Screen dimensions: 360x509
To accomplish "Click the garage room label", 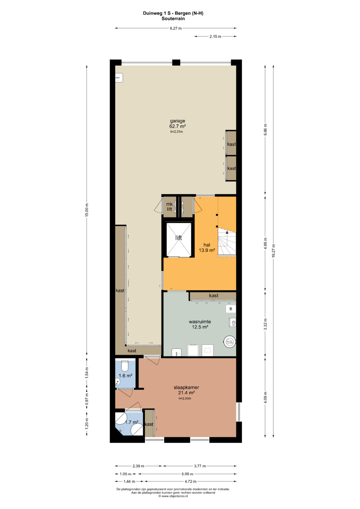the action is [x=177, y=121].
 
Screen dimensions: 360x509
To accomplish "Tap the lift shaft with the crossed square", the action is [x=179, y=240].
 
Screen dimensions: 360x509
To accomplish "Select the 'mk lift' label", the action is [x=169, y=207].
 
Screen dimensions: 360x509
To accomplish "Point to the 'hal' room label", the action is [x=207, y=245].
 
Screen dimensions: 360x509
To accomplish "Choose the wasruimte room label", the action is [x=200, y=322].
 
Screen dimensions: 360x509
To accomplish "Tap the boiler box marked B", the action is [x=231, y=309].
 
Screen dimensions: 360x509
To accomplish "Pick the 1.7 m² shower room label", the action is [x=132, y=422].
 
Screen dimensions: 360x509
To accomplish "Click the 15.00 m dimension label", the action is [x=87, y=210].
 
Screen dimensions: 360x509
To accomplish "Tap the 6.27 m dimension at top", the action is [x=176, y=28].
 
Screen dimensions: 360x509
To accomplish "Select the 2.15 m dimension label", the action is [x=215, y=36].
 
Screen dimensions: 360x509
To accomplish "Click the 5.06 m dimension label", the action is [x=187, y=474].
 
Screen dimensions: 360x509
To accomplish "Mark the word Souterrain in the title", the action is [x=173, y=19].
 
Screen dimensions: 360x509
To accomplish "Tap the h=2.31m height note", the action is [x=177, y=132].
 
